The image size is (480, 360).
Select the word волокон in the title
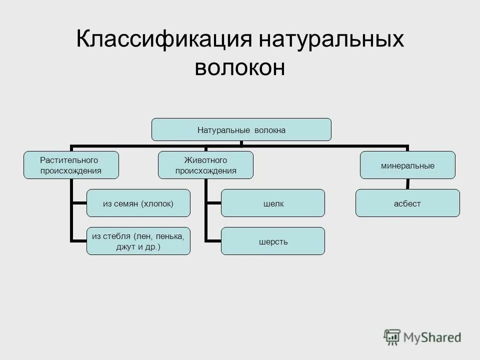240,67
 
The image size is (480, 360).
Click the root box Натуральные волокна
241,129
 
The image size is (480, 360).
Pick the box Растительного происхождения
71,165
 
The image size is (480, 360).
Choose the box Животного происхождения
205,165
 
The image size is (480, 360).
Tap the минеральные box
407,165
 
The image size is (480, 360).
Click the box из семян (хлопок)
138,203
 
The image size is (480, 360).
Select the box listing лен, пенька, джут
138,241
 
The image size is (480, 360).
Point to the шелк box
272,203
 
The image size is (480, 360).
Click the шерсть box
272,241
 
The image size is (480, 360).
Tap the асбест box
407,203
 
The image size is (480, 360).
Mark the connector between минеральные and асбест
408,183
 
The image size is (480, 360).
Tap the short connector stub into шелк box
213,203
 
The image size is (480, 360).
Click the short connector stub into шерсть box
213,241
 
